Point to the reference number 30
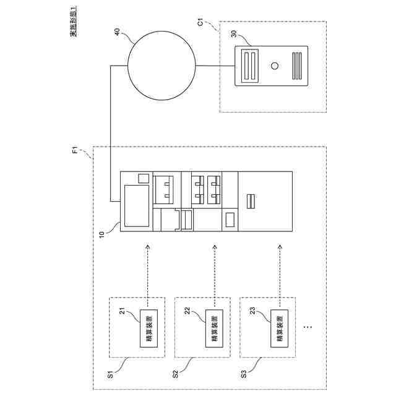(236, 35)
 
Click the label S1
(110, 373)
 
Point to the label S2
(175, 373)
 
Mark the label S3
(242, 373)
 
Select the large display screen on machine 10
(137, 205)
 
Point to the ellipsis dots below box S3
(309, 325)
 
